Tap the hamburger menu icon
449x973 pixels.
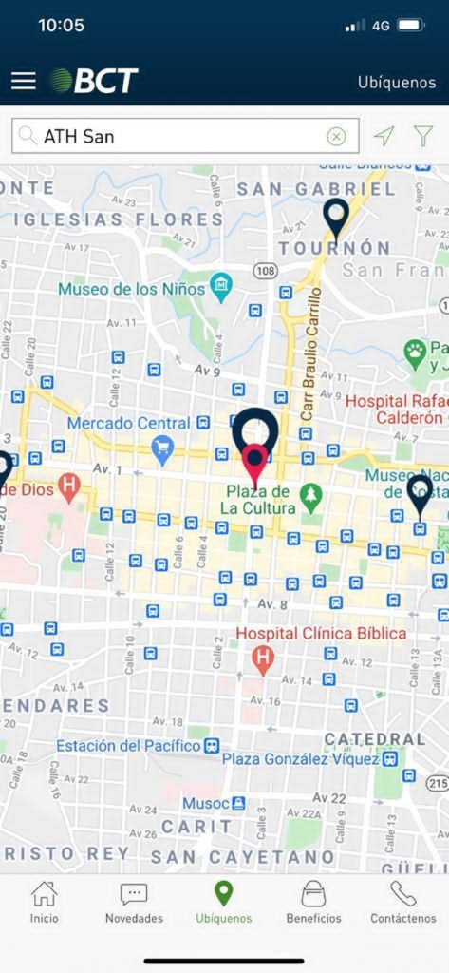[x=24, y=81]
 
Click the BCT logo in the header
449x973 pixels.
[x=94, y=81]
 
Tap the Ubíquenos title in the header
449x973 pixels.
[x=396, y=82]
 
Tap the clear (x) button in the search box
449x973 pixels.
[x=336, y=136]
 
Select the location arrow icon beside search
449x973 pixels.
[x=384, y=136]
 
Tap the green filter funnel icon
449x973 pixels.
[x=423, y=136]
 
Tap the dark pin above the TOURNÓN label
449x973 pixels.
[x=335, y=217]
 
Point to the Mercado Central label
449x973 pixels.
[x=128, y=422]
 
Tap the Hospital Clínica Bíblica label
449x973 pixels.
[x=321, y=633]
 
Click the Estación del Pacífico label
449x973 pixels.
[x=128, y=746]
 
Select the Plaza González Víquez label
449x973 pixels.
[x=300, y=758]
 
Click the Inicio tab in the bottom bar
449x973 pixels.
[x=44, y=902]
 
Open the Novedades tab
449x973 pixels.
[x=134, y=902]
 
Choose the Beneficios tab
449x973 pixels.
[x=313, y=902]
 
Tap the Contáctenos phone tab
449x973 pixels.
[x=403, y=902]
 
